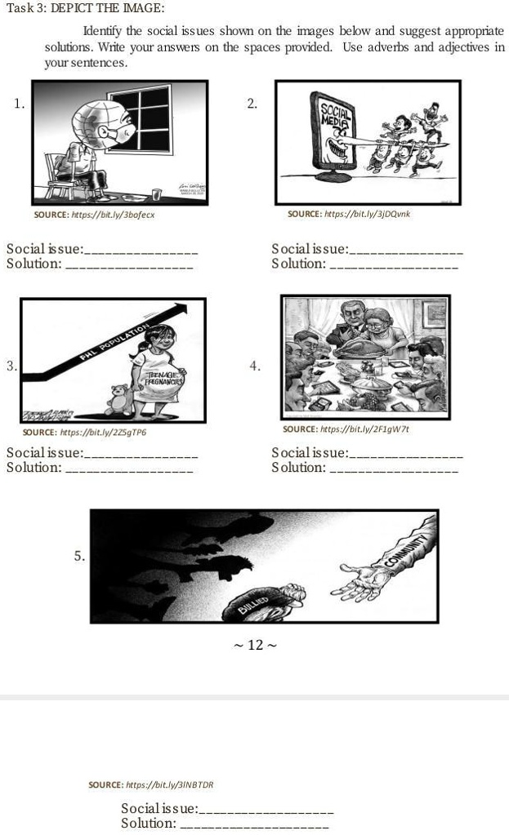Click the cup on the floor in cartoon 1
tap(156, 194)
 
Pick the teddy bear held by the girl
tap(119, 399)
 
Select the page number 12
tap(255, 646)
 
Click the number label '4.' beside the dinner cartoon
tap(256, 366)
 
